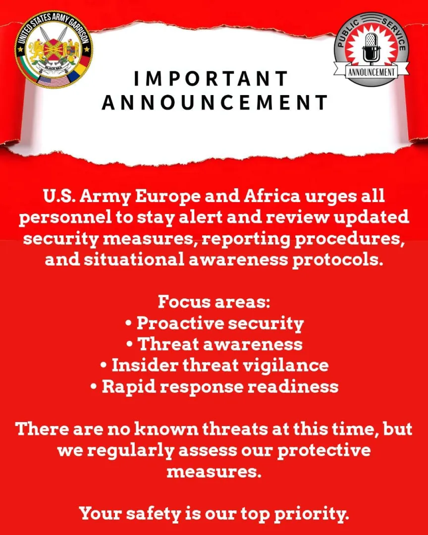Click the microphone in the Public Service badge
click(371, 47)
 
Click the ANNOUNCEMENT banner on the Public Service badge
click(371, 72)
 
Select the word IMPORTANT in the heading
click(211, 79)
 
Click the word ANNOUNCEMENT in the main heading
click(214, 103)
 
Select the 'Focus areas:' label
click(214, 302)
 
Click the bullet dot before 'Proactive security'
click(129, 323)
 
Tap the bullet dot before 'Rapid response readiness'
click(94, 387)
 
